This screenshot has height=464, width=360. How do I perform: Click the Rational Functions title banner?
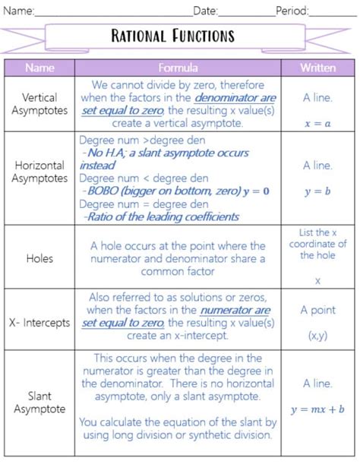point(173,36)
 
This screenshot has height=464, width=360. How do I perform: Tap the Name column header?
point(39,68)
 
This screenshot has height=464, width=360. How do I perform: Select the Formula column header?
point(179,68)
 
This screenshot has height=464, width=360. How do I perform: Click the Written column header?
point(317,68)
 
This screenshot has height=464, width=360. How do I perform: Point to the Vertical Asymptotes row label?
point(40,104)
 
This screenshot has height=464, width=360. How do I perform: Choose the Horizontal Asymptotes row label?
point(40,172)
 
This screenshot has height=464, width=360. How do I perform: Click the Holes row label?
point(39,258)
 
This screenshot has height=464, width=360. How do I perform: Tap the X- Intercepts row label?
point(40,322)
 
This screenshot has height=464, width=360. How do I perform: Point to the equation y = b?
point(317,191)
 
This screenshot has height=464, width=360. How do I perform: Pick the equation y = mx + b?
point(317,409)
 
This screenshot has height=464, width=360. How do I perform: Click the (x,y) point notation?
point(317,334)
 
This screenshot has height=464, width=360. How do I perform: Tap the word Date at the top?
point(205,11)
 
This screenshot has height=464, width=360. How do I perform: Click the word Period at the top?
point(292,11)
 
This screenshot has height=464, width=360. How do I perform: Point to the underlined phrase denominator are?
point(235,98)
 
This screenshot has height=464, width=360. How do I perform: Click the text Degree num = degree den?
point(144,204)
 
